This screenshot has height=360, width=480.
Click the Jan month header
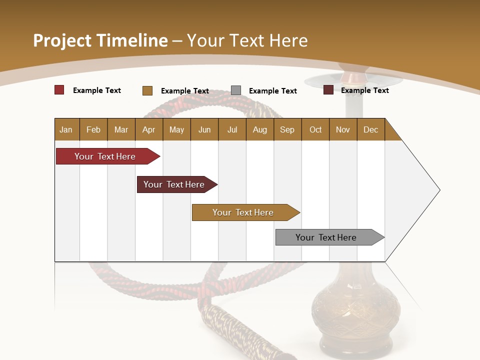click(x=66, y=129)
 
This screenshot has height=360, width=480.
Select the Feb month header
click(x=93, y=129)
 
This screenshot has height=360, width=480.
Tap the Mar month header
click(x=121, y=129)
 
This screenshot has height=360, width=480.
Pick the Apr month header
click(x=149, y=129)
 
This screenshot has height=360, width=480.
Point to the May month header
click(x=176, y=129)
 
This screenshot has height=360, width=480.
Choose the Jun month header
click(x=204, y=129)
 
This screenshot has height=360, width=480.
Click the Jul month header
click(x=232, y=129)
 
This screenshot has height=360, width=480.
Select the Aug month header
click(x=260, y=129)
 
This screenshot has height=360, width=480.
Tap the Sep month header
click(x=287, y=129)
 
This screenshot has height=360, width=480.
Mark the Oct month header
click(x=315, y=129)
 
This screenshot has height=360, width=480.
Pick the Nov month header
click(x=343, y=129)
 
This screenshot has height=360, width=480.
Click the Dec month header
click(x=371, y=129)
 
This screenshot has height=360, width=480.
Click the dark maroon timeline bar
click(x=175, y=184)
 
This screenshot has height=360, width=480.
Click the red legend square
click(x=59, y=90)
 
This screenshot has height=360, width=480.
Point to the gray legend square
click(x=236, y=90)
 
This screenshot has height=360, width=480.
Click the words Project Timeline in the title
click(x=100, y=40)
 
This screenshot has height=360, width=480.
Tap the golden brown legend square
click(x=147, y=90)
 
